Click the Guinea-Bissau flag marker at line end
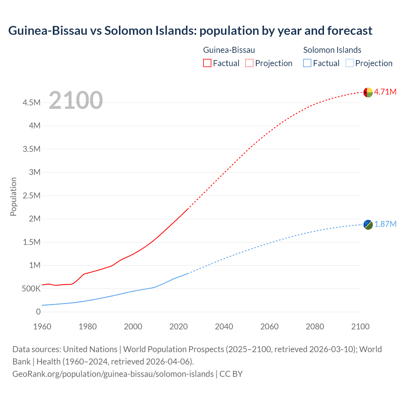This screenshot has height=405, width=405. pyautogui.click(x=368, y=92)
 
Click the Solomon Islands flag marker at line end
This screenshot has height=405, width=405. pyautogui.click(x=368, y=225)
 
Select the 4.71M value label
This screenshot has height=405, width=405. pyautogui.click(x=385, y=92)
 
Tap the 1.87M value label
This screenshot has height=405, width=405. pyautogui.click(x=385, y=224)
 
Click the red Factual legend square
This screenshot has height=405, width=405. pyautogui.click(x=207, y=63)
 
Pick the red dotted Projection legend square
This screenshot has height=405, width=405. pyautogui.click(x=249, y=63)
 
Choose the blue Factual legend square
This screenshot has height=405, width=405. pyautogui.click(x=307, y=63)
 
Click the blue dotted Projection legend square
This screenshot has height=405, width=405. pyautogui.click(x=349, y=63)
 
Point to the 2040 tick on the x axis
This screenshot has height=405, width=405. pyautogui.click(x=224, y=327)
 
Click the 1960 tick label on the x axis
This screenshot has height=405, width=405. pyautogui.click(x=42, y=327)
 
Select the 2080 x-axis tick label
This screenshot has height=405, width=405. pyautogui.click(x=315, y=327)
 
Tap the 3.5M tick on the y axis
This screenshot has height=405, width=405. pyautogui.click(x=32, y=149)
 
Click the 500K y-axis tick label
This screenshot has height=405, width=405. pyautogui.click(x=31, y=289)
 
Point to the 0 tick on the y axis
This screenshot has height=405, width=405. pyautogui.click(x=38, y=312)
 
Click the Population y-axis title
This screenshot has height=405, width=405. pyautogui.click(x=13, y=196)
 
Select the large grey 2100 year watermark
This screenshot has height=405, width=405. pyautogui.click(x=76, y=100)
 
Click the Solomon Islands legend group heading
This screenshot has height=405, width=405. pyautogui.click(x=332, y=50)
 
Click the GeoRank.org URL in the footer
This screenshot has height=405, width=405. pyautogui.click(x=113, y=374)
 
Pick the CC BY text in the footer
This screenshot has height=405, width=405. pyautogui.click(x=231, y=374)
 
